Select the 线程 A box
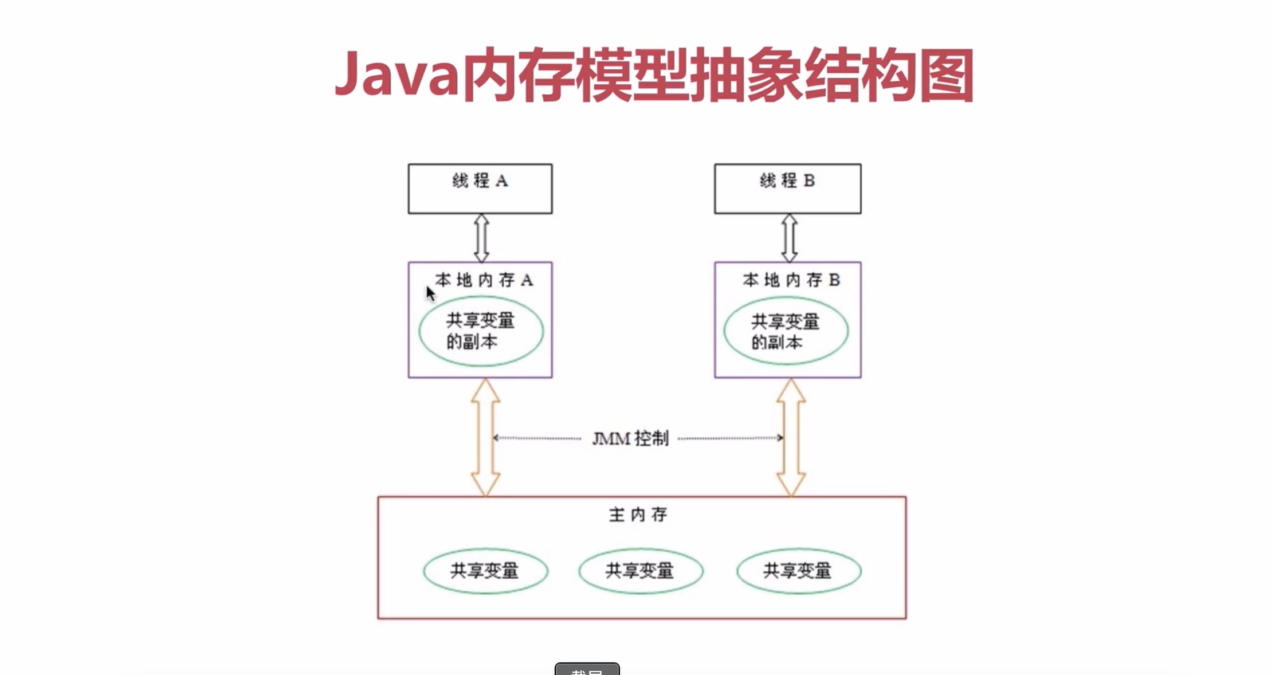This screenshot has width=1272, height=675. (x=480, y=189)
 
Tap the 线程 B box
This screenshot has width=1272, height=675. (x=787, y=189)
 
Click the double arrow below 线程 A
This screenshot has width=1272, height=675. (x=481, y=238)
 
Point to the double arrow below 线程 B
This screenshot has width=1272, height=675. (x=790, y=238)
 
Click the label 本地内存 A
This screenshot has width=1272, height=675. (x=484, y=280)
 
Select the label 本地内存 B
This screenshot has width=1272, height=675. (x=791, y=280)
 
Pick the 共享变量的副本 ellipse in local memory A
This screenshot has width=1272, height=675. (x=481, y=331)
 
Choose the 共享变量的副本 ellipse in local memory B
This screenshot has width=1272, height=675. (x=786, y=331)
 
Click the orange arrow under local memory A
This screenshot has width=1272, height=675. (x=485, y=437)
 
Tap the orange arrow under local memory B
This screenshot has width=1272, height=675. (x=791, y=437)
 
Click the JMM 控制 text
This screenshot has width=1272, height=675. (x=630, y=439)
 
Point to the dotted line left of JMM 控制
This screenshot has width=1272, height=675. (x=537, y=438)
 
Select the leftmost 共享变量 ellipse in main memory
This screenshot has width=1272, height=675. (x=485, y=571)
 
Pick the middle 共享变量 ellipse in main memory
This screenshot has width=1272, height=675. (x=641, y=571)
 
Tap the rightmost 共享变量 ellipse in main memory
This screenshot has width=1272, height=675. (x=798, y=571)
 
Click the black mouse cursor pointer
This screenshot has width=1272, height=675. (x=430, y=293)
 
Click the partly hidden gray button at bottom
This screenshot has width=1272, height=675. (x=587, y=669)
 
